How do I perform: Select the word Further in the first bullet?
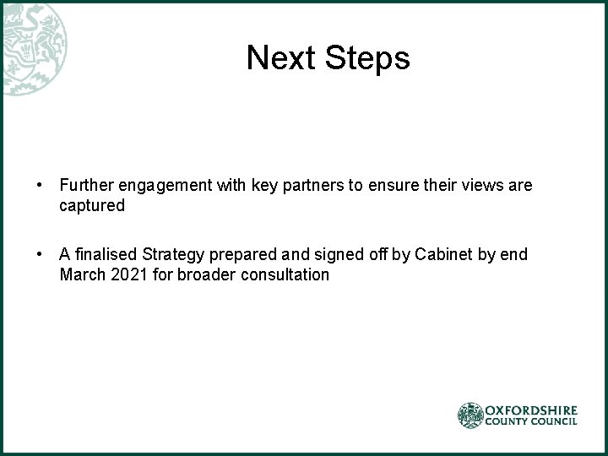[x=86, y=185]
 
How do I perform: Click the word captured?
[x=92, y=205]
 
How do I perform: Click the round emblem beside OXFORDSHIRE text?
[x=470, y=415]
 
